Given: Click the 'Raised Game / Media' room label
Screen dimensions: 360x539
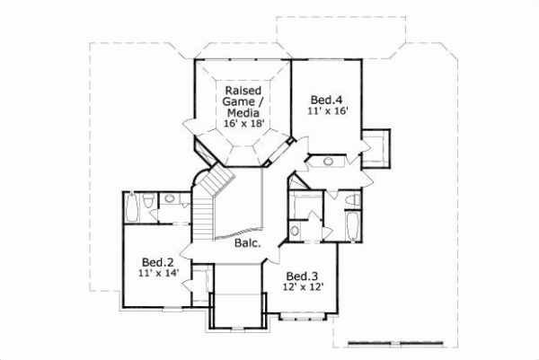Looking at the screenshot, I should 243,101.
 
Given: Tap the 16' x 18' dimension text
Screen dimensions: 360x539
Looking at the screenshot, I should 243,126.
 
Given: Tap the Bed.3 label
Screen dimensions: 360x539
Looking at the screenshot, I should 303,276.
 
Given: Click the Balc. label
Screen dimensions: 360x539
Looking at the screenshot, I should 248,243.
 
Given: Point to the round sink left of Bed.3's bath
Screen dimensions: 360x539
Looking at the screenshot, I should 296,231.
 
